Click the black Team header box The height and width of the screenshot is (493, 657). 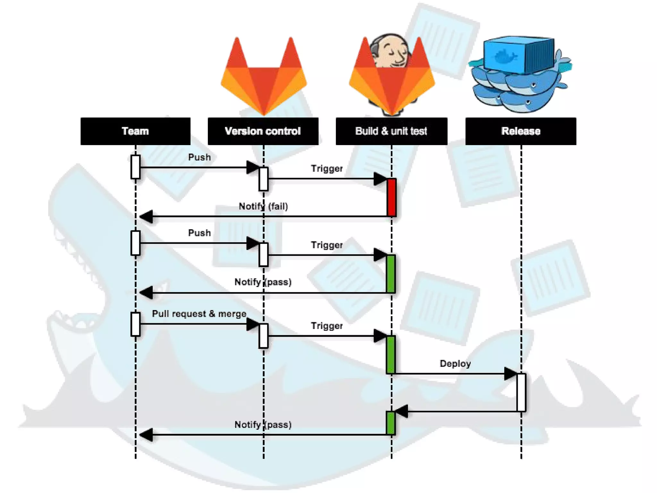coord(135,131)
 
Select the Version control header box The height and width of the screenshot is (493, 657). coord(263,131)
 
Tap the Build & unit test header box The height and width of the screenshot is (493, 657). coord(391,131)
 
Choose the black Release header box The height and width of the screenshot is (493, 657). coord(521,131)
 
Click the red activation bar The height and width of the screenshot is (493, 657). coord(391,197)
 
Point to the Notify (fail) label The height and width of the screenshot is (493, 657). coord(263,206)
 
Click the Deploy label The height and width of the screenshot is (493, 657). coord(455,364)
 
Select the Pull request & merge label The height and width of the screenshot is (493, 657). coord(199,314)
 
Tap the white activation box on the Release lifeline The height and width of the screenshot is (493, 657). coord(521,392)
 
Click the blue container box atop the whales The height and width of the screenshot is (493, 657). coord(519,55)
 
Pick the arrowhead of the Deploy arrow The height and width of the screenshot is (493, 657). coord(511,374)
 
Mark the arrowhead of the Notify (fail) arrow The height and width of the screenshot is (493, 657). coord(146,216)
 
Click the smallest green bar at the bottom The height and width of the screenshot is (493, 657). coord(391,423)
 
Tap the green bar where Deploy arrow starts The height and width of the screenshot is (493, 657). coord(391,355)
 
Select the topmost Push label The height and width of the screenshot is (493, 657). coord(199,157)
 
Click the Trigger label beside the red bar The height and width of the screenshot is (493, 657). coord(327,169)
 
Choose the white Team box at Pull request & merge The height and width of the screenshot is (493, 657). coord(136,324)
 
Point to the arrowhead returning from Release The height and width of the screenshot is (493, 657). coord(402,411)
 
